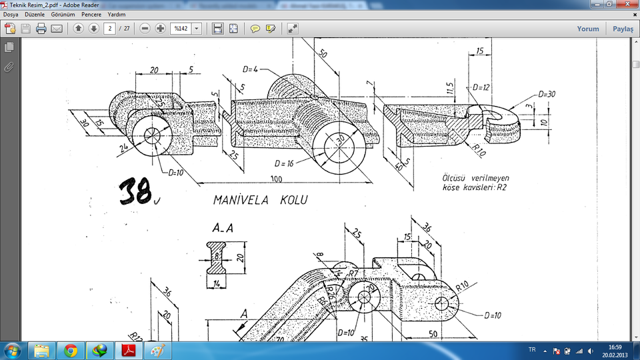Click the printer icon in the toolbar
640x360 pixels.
(41, 29)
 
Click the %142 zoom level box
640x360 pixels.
(181, 29)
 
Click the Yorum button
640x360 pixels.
(587, 29)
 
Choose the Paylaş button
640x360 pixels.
(623, 29)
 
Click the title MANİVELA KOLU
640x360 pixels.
(260, 199)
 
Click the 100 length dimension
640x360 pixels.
(275, 179)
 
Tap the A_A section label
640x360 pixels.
(223, 229)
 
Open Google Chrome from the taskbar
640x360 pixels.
(71, 350)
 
